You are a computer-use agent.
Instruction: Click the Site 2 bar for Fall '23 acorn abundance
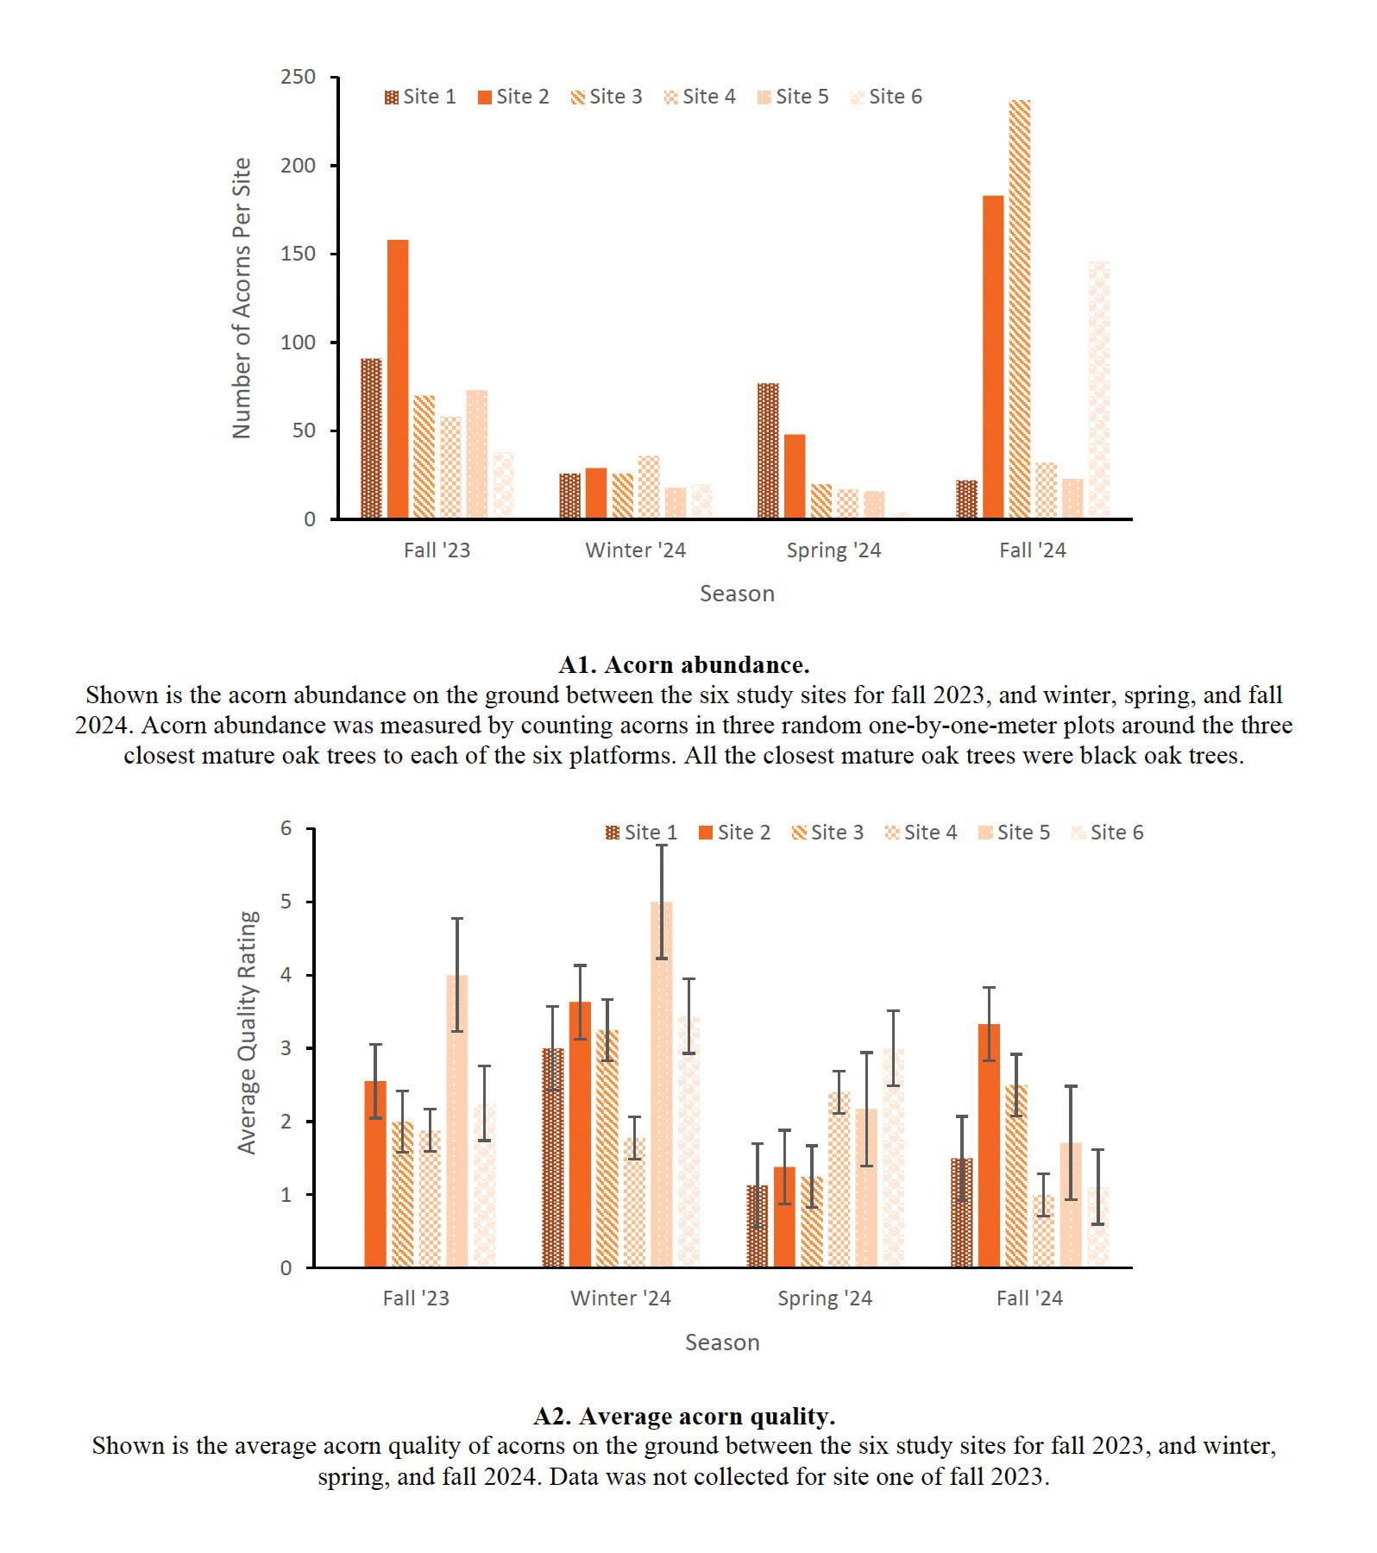point(398,380)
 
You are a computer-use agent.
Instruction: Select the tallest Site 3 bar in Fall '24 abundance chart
point(1019,311)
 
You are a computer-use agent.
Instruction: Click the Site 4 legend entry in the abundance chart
point(700,97)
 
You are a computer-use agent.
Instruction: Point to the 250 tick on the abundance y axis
point(299,78)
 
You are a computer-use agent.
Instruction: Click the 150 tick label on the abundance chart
point(299,255)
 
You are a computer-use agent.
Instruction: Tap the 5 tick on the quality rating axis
point(286,902)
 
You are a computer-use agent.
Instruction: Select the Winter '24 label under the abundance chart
point(635,550)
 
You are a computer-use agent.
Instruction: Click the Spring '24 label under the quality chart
point(825,1298)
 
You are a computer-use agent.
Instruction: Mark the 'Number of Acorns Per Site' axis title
point(242,298)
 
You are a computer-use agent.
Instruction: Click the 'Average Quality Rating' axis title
point(248,1033)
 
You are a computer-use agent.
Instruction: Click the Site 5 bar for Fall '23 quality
point(457,1122)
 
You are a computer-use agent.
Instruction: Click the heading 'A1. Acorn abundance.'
point(683,664)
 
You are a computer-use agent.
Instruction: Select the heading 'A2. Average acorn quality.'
point(683,1416)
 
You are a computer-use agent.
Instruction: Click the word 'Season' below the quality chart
point(722,1342)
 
